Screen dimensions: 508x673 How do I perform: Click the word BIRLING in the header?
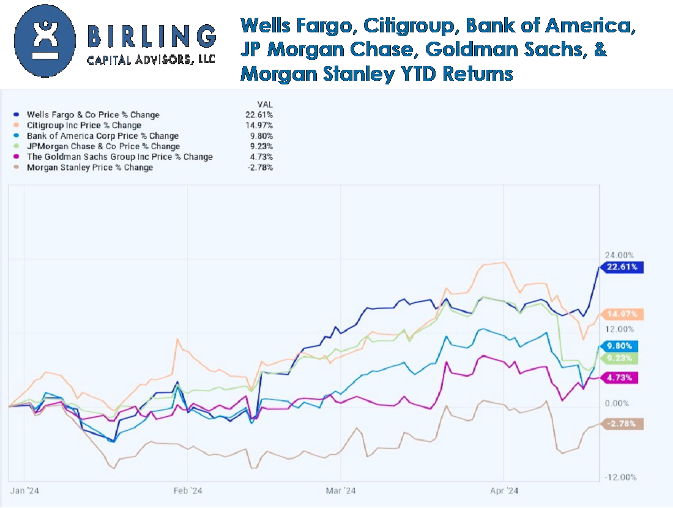(152, 37)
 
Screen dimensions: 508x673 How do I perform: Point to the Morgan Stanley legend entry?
(89, 167)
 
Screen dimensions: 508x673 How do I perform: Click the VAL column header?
(266, 104)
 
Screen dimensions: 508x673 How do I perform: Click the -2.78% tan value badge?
(622, 424)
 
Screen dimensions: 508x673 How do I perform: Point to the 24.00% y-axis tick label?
(619, 255)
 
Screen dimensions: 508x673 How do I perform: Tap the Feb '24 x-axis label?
(188, 490)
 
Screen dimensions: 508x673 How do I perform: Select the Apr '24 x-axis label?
(504, 490)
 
